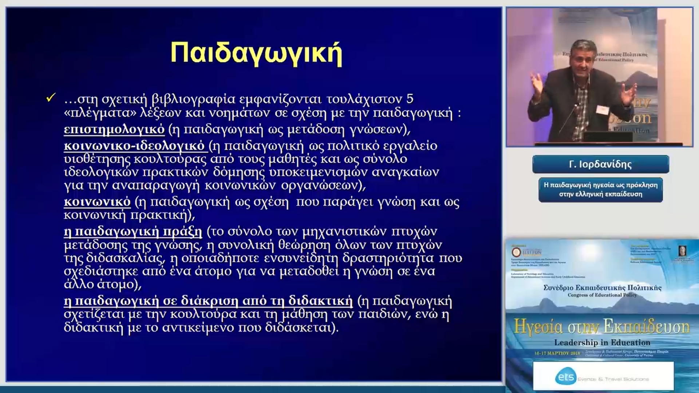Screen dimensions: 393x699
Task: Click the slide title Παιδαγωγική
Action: [x=256, y=53]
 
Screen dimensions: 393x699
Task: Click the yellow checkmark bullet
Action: [x=51, y=98]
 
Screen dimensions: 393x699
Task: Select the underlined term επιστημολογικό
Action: [x=114, y=129]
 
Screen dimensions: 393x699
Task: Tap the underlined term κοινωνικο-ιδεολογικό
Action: [x=134, y=146]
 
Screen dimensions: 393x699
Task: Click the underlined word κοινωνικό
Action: [x=97, y=202]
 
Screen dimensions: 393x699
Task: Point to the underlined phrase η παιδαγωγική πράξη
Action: [x=133, y=231]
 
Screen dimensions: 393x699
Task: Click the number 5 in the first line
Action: [x=410, y=99]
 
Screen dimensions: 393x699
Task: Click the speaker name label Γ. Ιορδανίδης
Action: [x=600, y=164]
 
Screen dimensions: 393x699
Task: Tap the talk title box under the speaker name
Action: [x=600, y=190]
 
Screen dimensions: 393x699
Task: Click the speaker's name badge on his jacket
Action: [x=602, y=109]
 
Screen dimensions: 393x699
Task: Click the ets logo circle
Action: [x=566, y=377]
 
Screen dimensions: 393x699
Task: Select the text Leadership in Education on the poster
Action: [x=602, y=342]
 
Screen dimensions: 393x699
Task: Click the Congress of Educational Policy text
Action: [x=602, y=295]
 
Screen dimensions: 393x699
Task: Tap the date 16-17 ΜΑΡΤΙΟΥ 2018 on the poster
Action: [x=557, y=353]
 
